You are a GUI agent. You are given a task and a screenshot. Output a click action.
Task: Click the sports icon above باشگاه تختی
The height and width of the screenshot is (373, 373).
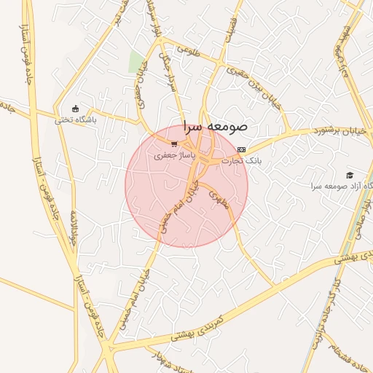75,109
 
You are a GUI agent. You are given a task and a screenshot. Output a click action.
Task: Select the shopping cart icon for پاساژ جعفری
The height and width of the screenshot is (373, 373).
173,144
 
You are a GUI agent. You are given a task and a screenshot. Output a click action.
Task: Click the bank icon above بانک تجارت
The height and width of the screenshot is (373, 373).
242,149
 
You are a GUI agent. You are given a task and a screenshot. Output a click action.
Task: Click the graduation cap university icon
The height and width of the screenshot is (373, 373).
349,175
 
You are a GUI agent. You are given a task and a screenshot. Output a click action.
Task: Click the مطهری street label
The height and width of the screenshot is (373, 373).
219,199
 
